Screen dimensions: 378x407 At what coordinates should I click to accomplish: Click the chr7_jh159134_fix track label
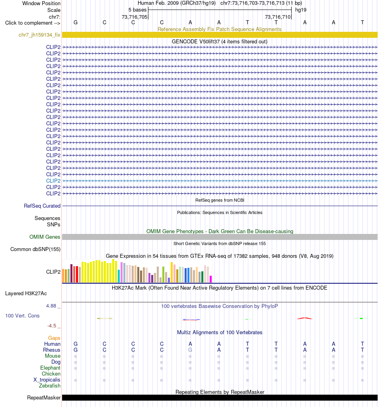[39, 35]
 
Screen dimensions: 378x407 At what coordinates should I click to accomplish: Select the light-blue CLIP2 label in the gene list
[53, 181]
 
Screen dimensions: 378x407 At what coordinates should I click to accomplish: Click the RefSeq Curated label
[42, 206]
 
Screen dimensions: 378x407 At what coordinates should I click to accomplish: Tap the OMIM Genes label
[45, 237]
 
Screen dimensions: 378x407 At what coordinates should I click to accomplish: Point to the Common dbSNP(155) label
[35, 249]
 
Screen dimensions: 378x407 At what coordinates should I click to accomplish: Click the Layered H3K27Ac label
[26, 293]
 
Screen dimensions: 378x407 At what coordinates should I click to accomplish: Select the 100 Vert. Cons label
[22, 315]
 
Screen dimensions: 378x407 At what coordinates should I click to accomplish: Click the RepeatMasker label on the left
[44, 398]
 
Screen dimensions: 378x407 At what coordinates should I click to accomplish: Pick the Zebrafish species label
[50, 386]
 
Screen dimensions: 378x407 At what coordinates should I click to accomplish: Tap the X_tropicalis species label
[47, 380]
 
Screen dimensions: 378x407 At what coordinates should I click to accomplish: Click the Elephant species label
[50, 368]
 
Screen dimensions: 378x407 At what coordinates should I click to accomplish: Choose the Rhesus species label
[52, 350]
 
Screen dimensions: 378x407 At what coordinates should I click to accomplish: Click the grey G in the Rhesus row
[190, 350]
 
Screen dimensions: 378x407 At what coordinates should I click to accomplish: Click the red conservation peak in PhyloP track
[305, 318]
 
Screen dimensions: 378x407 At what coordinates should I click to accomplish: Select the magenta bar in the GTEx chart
[211, 279]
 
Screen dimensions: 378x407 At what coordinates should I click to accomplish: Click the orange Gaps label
[54, 338]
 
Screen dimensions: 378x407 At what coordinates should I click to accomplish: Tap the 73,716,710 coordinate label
[277, 17]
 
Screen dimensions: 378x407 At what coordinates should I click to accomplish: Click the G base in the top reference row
[76, 22]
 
